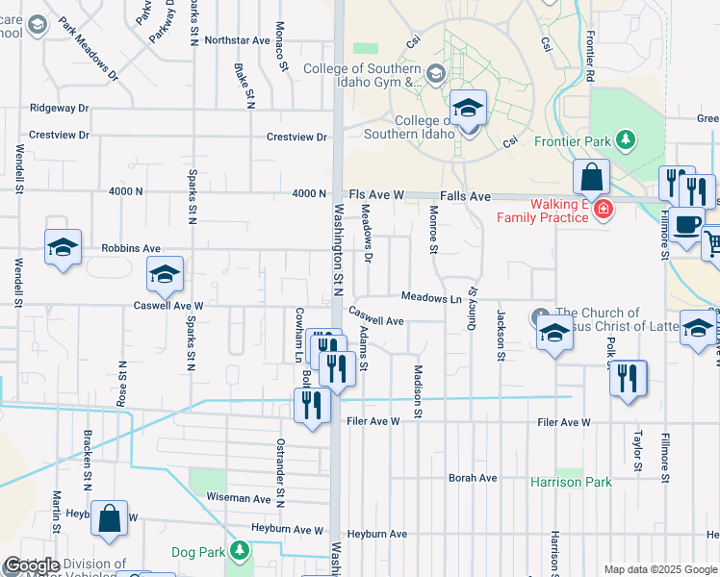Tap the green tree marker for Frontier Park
(626, 140)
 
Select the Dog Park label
(196, 552)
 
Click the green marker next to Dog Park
(240, 551)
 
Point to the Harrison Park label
(571, 481)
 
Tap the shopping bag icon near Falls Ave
(591, 178)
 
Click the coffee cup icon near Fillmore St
(686, 224)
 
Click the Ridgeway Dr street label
(59, 109)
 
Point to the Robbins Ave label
(131, 248)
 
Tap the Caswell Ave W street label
(168, 305)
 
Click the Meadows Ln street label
(432, 298)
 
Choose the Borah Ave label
(473, 478)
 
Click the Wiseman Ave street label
(239, 499)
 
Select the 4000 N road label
(125, 191)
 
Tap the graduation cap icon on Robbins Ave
(63, 248)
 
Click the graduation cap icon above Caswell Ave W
(165, 275)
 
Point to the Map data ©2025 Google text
(658, 569)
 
